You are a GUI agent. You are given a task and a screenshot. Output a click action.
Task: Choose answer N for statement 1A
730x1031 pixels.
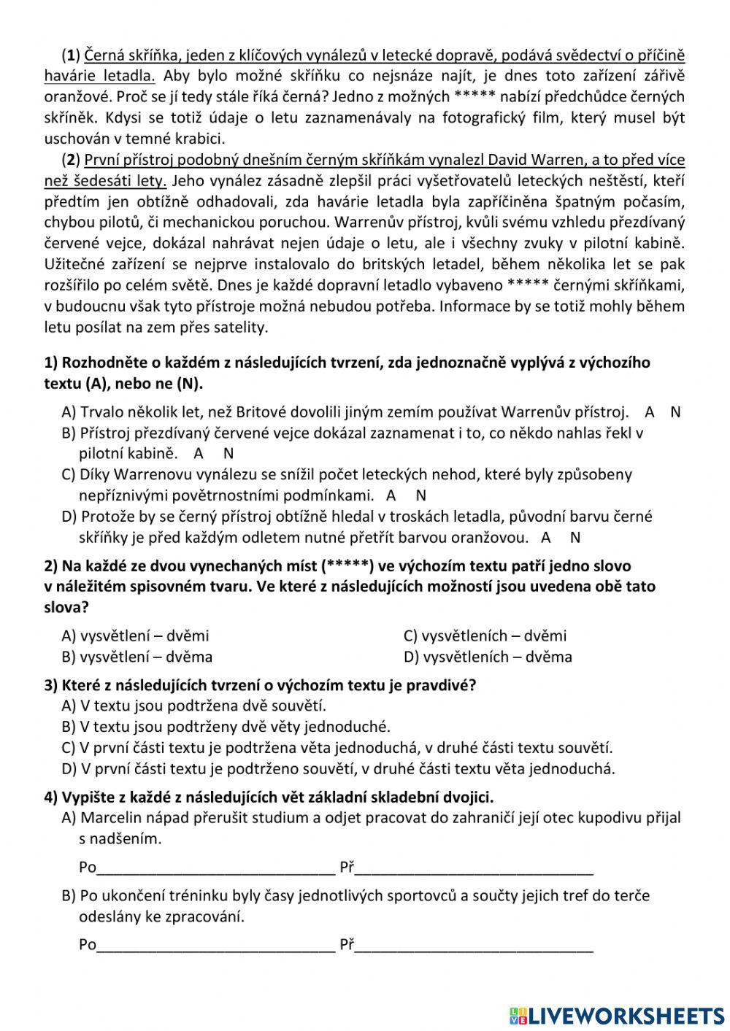[x=675, y=412]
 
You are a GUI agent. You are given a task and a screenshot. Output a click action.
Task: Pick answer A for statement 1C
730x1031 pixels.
[x=391, y=495]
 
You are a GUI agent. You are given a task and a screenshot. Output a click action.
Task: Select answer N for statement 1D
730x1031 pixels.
[x=575, y=538]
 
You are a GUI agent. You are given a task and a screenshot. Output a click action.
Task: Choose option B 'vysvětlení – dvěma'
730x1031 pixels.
[x=137, y=657]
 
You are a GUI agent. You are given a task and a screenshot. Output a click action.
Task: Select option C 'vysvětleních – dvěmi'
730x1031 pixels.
[x=485, y=636]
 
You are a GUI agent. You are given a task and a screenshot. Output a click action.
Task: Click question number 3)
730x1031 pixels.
[x=50, y=685]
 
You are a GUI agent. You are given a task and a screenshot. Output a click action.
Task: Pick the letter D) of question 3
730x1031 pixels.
[x=69, y=768]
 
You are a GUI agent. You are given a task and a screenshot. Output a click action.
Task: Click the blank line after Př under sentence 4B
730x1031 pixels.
[x=474, y=946]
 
